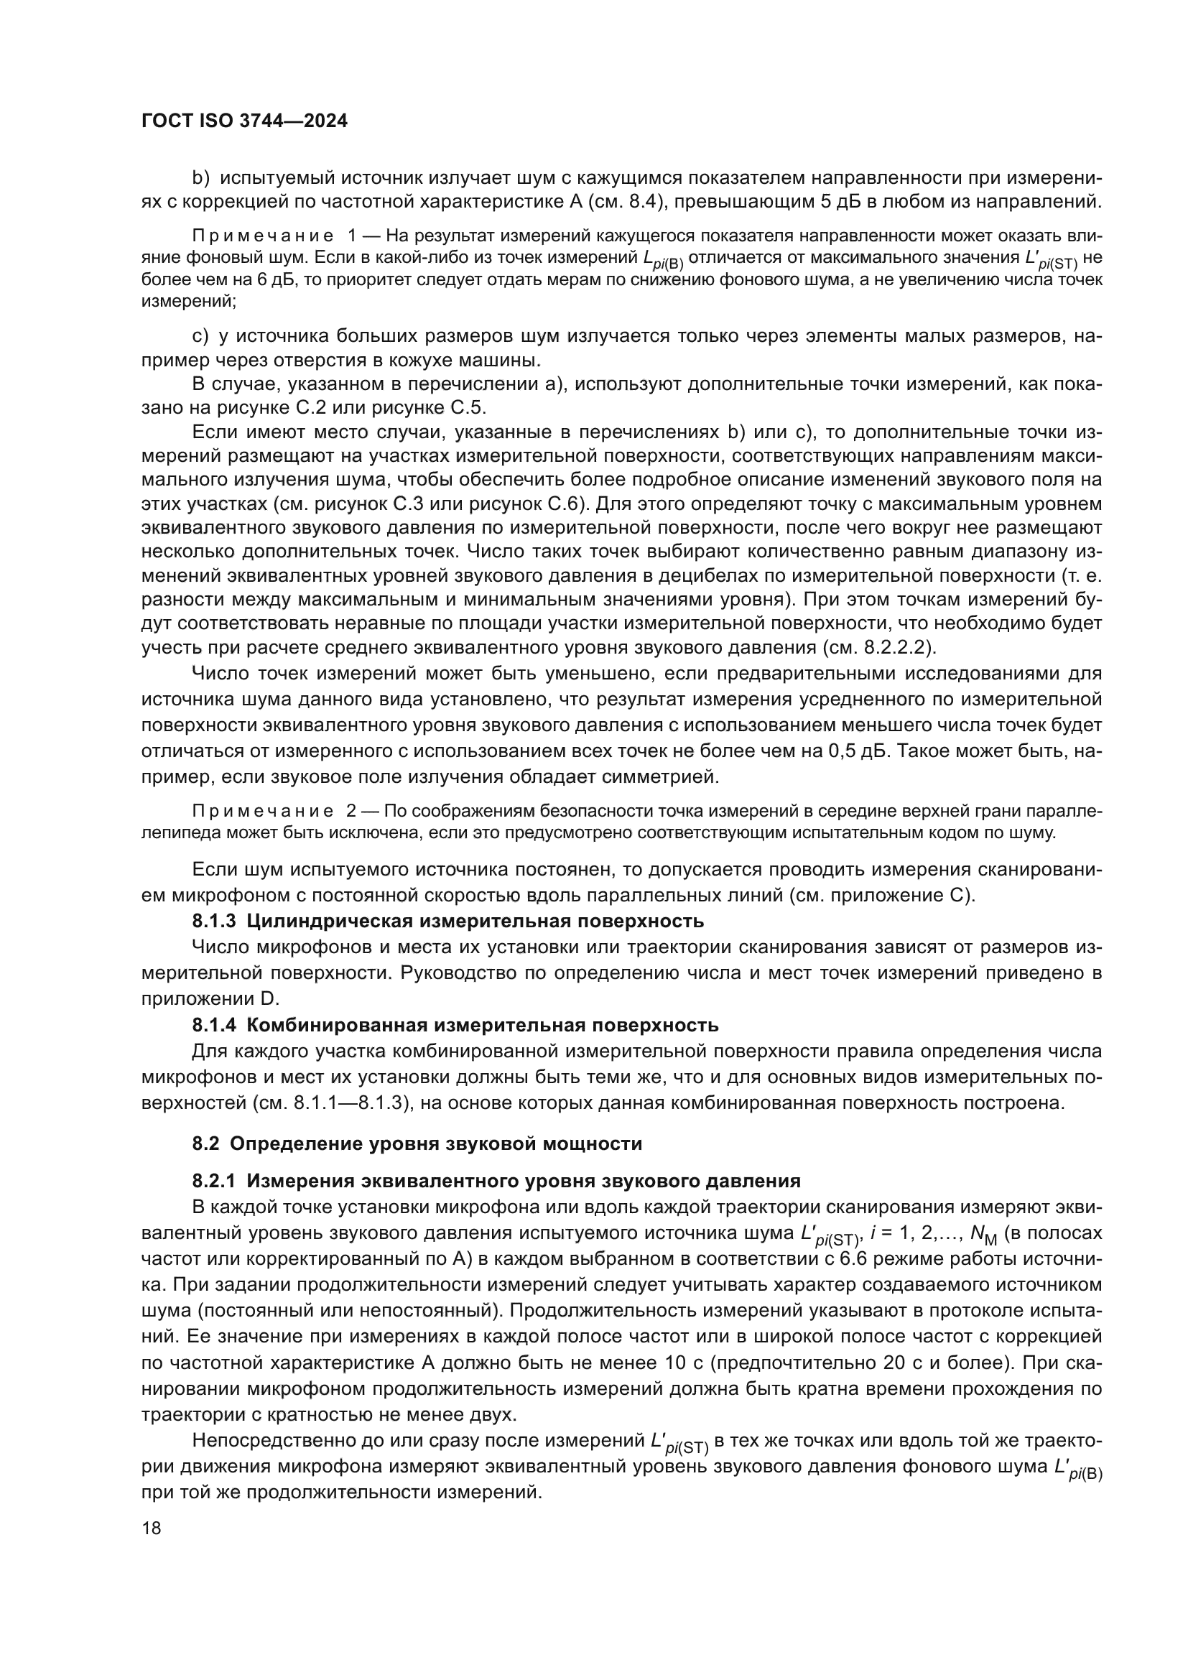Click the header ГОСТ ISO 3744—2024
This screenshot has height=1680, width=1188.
point(244,121)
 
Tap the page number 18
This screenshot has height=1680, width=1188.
point(152,1528)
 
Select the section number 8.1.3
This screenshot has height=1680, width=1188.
point(213,922)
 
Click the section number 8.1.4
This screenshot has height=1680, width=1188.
point(213,1025)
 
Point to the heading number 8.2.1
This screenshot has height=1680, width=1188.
point(213,1181)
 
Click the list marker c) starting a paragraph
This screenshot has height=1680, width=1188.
point(200,337)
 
